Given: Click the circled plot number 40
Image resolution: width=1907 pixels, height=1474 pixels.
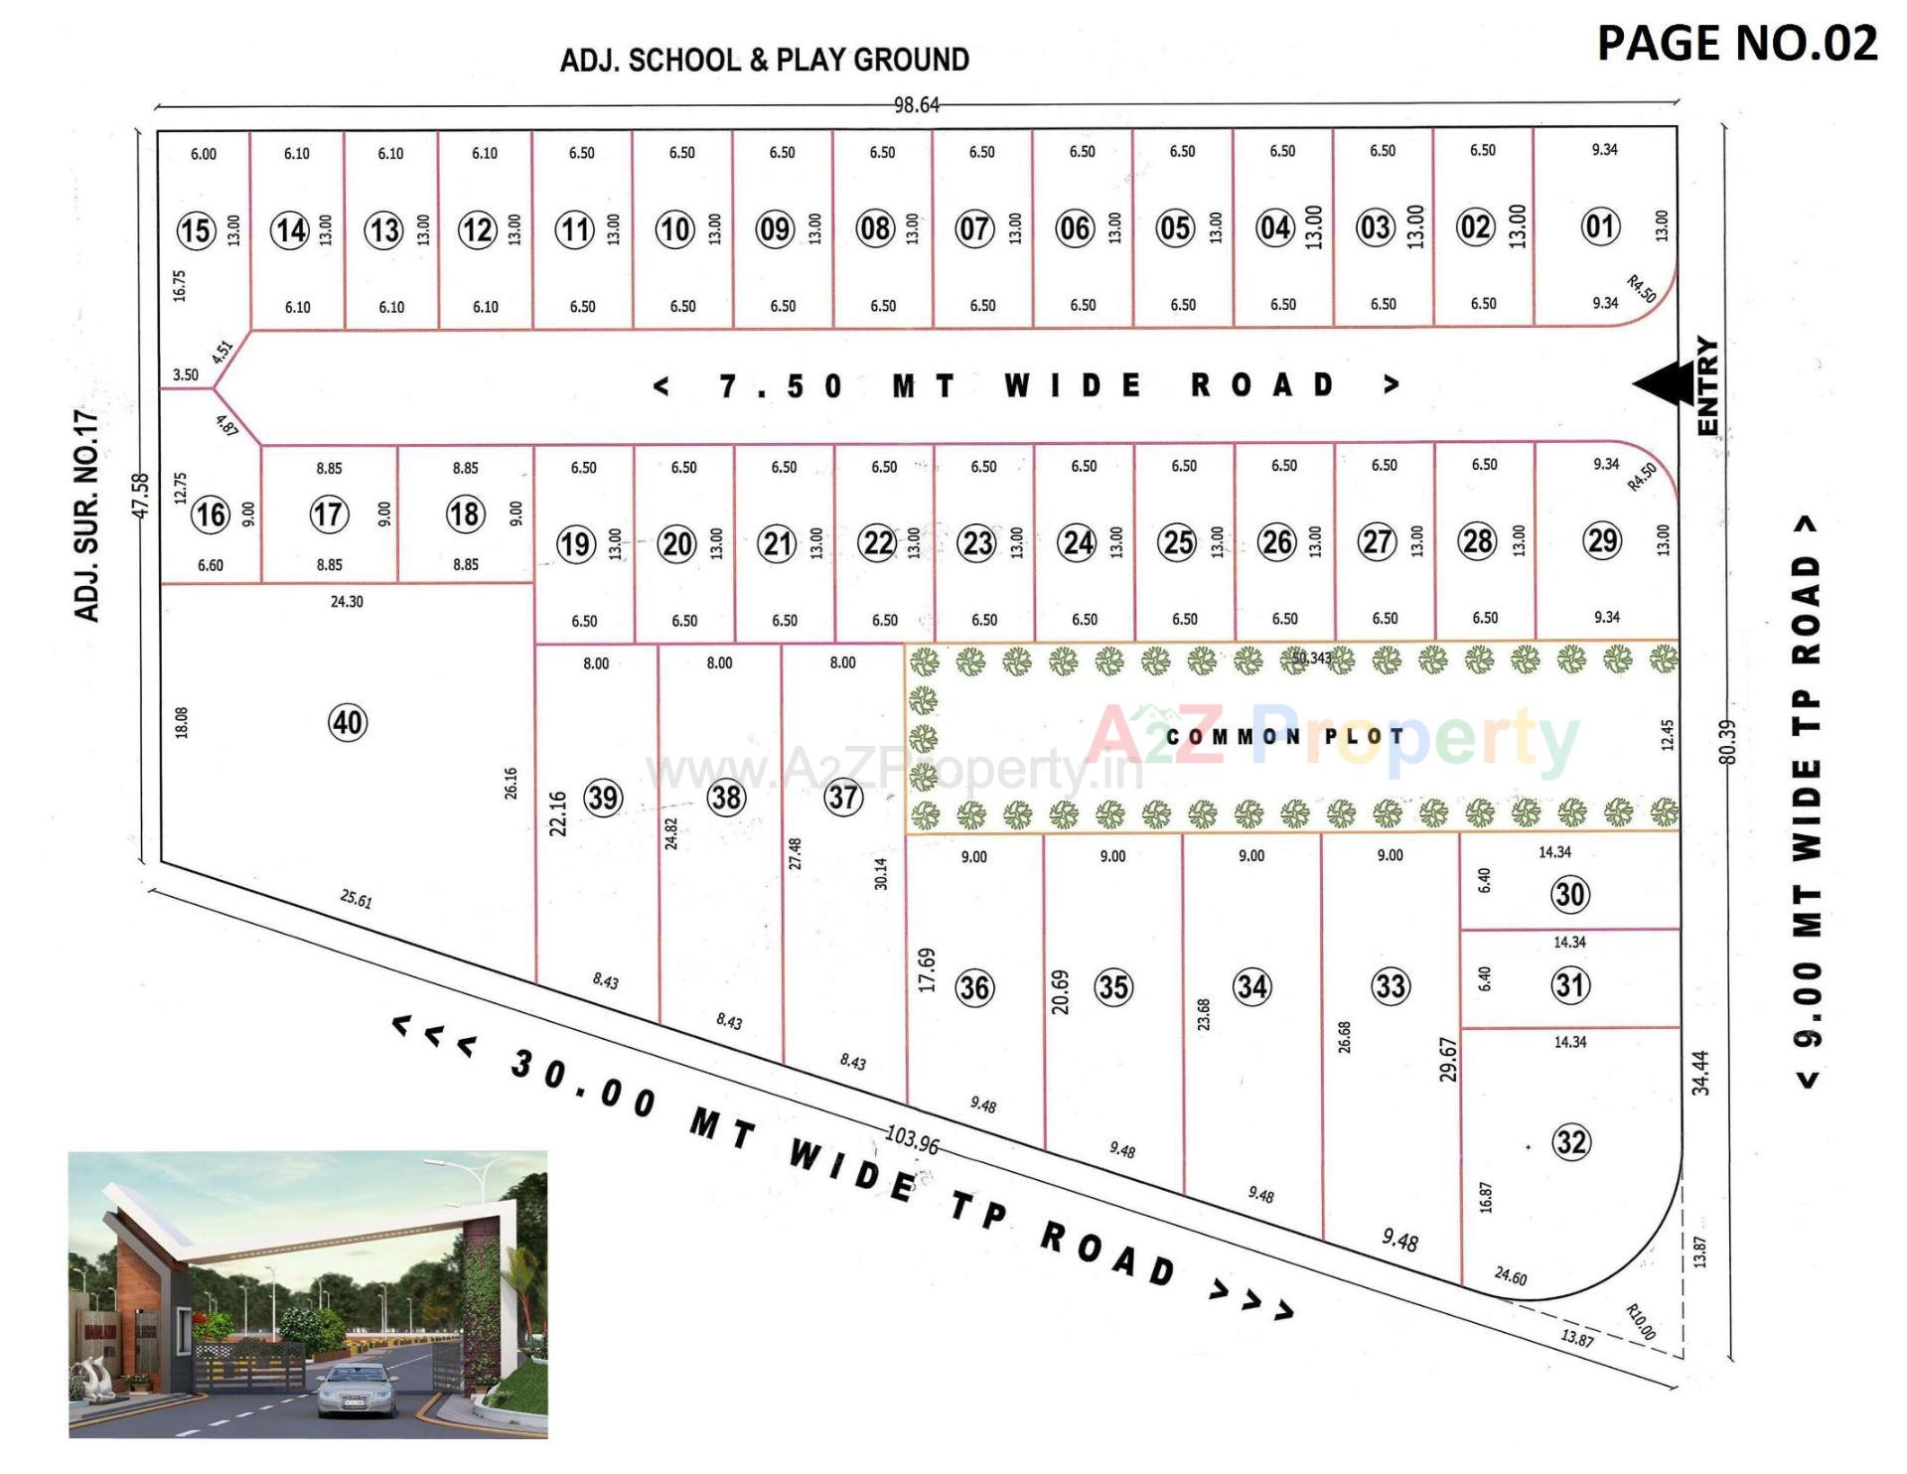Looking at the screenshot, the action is click(x=348, y=722).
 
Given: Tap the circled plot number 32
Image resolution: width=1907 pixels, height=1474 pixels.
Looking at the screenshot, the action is click(x=1571, y=1141).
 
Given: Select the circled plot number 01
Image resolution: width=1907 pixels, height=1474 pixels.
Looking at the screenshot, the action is click(x=1600, y=226).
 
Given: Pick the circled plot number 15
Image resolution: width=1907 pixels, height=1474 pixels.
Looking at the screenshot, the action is click(x=196, y=230).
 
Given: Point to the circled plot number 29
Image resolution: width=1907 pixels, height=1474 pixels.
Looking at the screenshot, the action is click(x=1602, y=541).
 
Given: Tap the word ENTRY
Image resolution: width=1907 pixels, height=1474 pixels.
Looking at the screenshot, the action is click(x=1708, y=385).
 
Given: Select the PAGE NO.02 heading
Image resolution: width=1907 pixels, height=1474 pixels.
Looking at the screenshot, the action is click(x=1737, y=44).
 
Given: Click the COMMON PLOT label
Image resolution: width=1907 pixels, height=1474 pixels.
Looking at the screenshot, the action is click(x=1285, y=737).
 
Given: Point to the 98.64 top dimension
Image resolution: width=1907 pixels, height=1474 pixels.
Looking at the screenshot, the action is click(x=916, y=104).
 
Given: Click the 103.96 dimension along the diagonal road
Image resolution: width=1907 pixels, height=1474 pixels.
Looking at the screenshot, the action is click(x=912, y=1140).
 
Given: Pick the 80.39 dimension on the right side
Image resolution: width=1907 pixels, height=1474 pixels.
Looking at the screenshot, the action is click(x=1728, y=743).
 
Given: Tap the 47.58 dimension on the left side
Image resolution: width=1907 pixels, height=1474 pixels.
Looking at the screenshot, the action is click(x=141, y=495).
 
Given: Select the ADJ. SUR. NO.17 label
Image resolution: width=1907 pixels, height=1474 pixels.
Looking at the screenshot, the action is click(x=88, y=515).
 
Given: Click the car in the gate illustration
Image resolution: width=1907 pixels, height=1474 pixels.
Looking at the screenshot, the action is click(x=358, y=1391).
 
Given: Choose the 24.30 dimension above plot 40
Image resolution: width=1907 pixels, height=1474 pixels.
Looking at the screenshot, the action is click(x=347, y=602).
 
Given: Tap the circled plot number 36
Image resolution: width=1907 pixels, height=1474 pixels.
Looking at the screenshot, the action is click(x=974, y=987).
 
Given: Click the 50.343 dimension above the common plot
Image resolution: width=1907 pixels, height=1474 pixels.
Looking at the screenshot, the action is click(x=1311, y=659).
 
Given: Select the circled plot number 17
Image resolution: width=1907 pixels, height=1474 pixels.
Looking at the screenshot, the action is click(x=329, y=515).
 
